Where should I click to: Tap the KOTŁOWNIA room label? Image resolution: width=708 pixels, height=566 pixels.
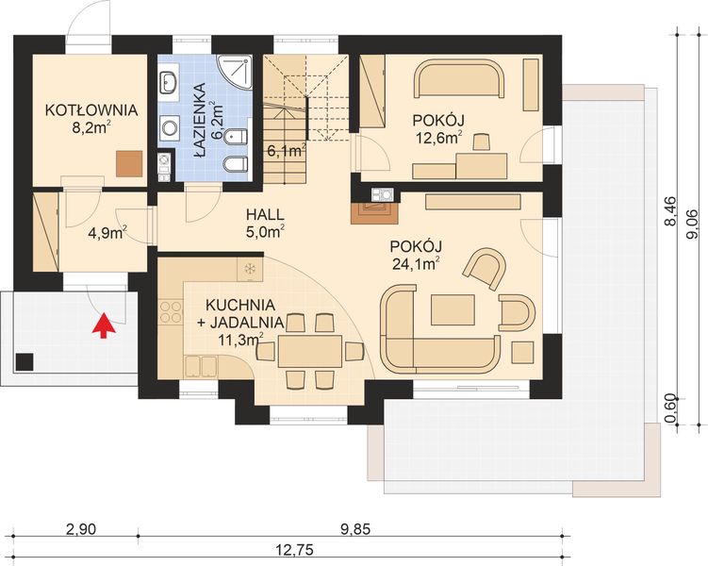click(x=91, y=110)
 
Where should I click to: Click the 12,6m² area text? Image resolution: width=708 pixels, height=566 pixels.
click(x=436, y=138)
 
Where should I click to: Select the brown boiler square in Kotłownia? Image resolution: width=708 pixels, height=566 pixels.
click(x=129, y=163)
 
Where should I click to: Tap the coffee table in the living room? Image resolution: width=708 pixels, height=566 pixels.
click(x=453, y=310)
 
